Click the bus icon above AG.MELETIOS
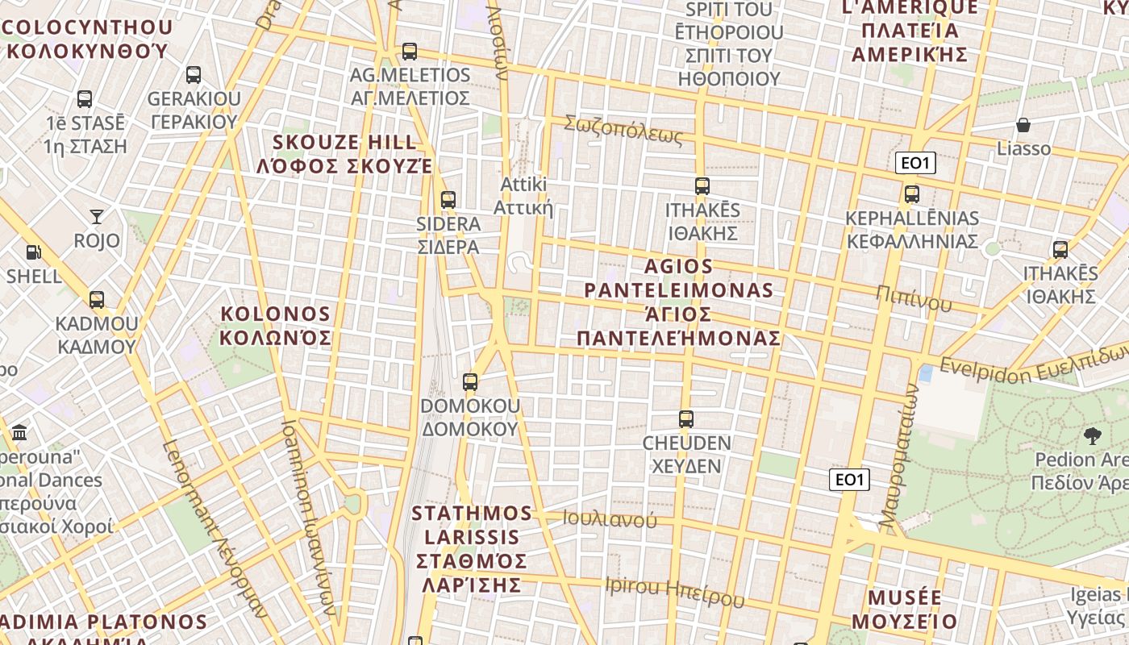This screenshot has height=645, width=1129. click(410, 52)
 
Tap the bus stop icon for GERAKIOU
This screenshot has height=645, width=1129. click(194, 75)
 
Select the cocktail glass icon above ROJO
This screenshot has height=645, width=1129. click(97, 216)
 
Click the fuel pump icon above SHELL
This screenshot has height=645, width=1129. click(33, 252)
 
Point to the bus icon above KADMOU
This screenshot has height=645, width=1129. click(97, 300)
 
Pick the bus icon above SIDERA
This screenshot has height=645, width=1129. click(448, 199)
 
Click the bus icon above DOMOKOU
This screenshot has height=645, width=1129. click(470, 382)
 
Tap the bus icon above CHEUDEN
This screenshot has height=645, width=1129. click(686, 419)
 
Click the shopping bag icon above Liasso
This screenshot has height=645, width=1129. click(1023, 125)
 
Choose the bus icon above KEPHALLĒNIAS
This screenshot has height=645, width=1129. click(912, 194)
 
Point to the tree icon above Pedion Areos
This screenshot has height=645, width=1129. click(1093, 436)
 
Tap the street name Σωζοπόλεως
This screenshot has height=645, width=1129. click(623, 130)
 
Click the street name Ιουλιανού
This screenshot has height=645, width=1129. click(610, 519)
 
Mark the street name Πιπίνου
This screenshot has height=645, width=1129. click(914, 298)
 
